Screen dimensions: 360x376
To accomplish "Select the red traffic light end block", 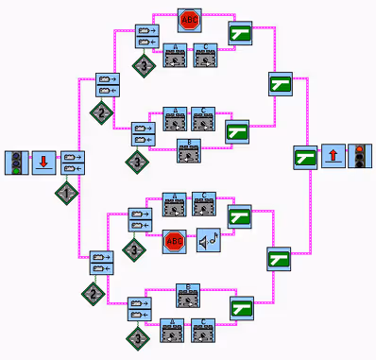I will [x=360, y=157].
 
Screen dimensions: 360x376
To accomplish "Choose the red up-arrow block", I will [x=333, y=157].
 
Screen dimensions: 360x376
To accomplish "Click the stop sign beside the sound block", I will [x=175, y=242].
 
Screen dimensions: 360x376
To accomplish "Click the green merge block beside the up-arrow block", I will [x=304, y=157].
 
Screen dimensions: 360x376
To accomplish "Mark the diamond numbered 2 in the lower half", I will [x=92, y=292].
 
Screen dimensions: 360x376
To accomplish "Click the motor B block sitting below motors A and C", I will [x=189, y=149].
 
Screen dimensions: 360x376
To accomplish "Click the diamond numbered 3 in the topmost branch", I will [x=143, y=66].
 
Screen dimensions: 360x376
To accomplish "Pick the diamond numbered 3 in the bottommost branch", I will [x=139, y=335].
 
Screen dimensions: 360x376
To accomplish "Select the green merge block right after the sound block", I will [x=241, y=214].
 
